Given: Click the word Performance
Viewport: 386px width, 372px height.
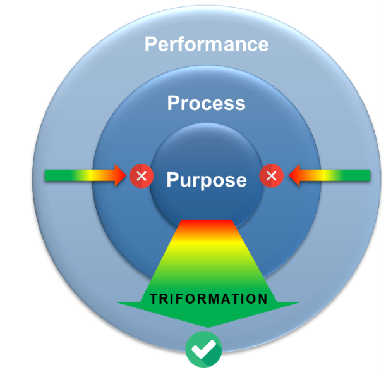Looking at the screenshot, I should click(207, 44).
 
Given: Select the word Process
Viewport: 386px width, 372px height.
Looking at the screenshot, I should click(206, 103).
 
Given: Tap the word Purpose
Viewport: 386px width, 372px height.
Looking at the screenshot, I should click(206, 180).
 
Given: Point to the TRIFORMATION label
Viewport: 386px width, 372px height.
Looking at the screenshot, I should click(208, 299).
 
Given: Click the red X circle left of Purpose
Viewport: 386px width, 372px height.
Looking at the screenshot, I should click(141, 176).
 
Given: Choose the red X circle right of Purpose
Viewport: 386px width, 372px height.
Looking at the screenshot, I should click(272, 176).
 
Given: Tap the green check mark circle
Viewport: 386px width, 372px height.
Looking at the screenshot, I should click(204, 349).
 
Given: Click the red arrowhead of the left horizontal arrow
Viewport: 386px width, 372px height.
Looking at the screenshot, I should click(121, 175).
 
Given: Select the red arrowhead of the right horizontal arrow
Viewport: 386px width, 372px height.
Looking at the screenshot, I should click(293, 175).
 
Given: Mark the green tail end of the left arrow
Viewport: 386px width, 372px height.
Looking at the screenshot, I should click(49, 175).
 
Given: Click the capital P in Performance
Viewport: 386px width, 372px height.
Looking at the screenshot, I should click(151, 45).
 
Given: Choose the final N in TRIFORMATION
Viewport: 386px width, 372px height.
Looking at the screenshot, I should click(263, 299).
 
